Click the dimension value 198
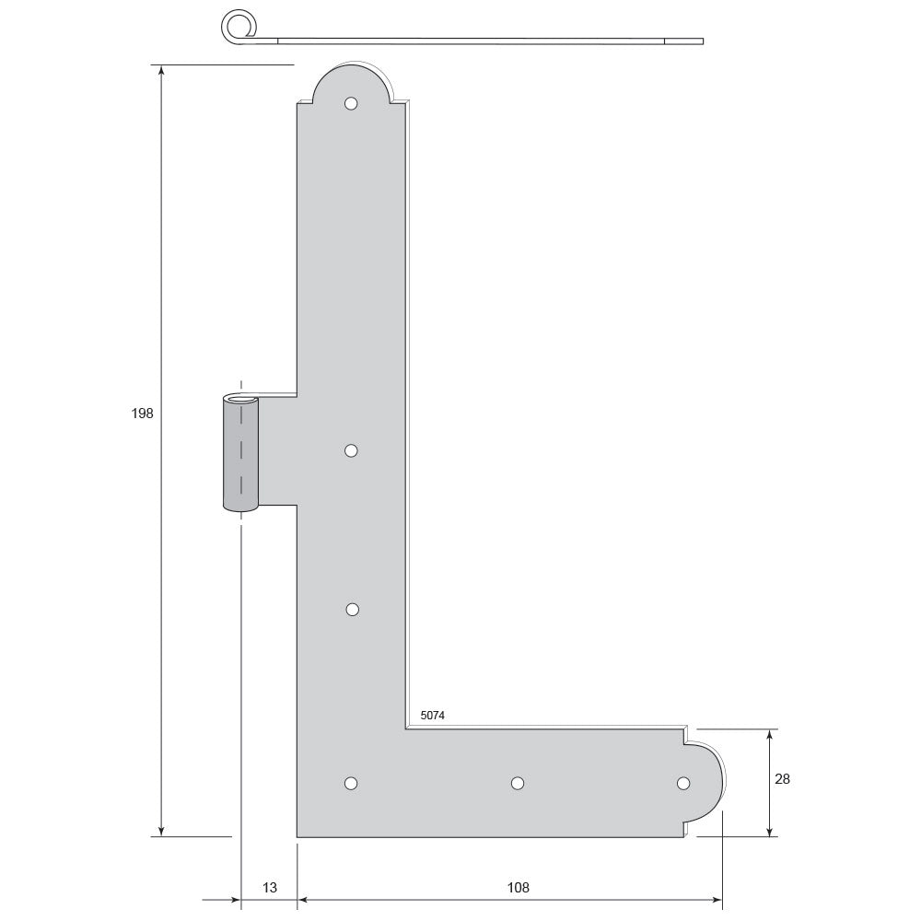[142, 414]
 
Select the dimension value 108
[518, 888]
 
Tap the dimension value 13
[270, 888]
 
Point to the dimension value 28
[782, 779]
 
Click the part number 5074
[432, 716]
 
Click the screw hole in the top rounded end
[351, 104]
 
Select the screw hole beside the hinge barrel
[351, 450]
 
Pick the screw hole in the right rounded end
[683, 783]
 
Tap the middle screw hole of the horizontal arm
[518, 783]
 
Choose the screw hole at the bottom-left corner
[351, 783]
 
